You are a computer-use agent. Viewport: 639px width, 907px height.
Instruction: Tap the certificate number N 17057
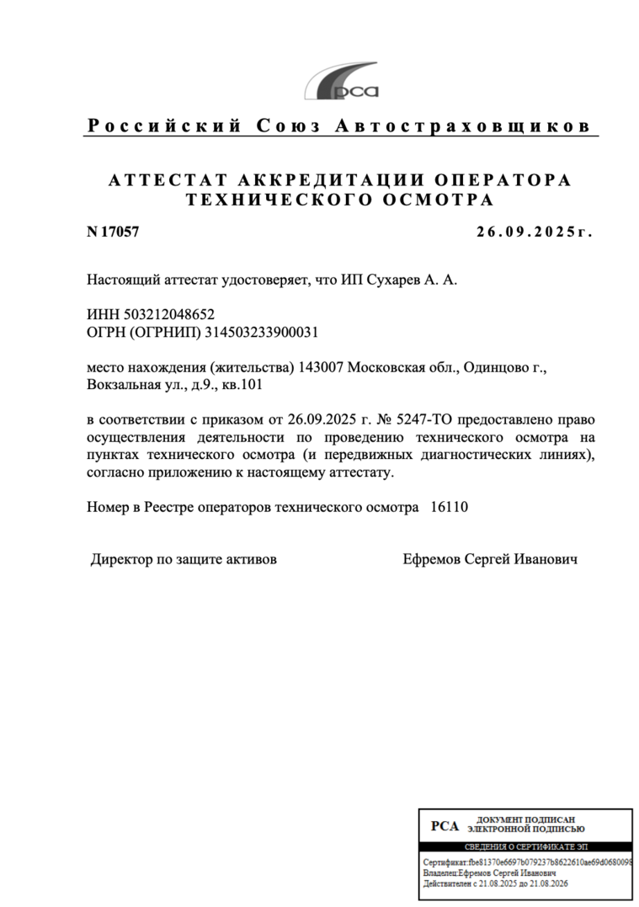pyautogui.click(x=113, y=232)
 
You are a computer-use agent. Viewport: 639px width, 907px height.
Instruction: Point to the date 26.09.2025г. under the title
pyautogui.click(x=535, y=232)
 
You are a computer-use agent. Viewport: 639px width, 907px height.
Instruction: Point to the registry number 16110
pyautogui.click(x=449, y=508)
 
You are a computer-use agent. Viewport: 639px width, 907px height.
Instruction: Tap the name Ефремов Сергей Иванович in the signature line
pyautogui.click(x=490, y=559)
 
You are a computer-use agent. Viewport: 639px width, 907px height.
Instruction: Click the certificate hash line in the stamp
pyautogui.click(x=527, y=863)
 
